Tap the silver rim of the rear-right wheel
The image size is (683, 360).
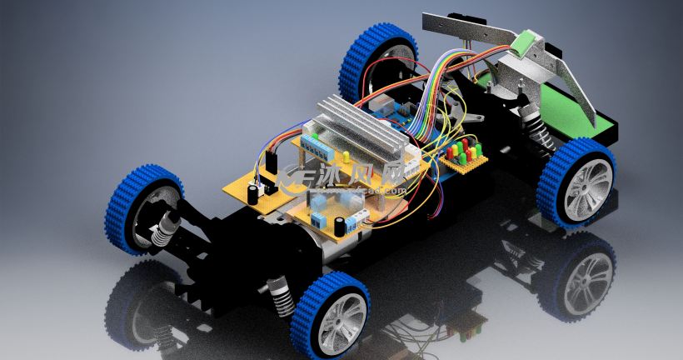click(587, 187)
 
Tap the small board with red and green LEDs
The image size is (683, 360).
click(463, 156)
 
